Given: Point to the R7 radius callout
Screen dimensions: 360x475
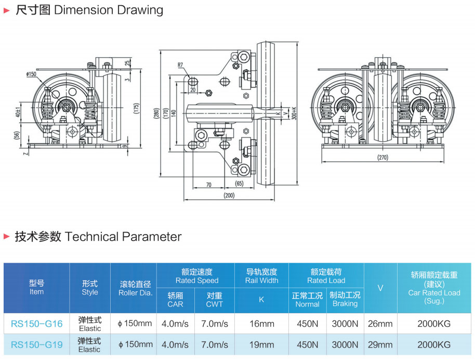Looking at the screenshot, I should coord(180,66).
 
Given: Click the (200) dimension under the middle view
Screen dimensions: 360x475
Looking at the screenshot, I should coord(229,196).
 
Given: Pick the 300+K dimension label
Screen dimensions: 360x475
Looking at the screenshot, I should coord(294,113).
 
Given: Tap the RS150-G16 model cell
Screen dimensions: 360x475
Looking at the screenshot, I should coord(36,324).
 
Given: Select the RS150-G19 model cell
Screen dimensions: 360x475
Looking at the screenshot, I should coord(36,344).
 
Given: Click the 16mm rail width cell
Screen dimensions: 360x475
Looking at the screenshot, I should coord(261,324).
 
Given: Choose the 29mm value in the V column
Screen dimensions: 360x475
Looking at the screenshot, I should coord(380,344).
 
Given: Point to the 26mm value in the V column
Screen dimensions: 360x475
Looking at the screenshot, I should coord(380,324).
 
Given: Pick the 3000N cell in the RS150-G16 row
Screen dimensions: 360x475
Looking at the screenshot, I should coord(345,324).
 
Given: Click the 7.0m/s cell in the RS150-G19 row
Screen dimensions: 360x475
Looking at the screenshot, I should coord(214,344).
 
